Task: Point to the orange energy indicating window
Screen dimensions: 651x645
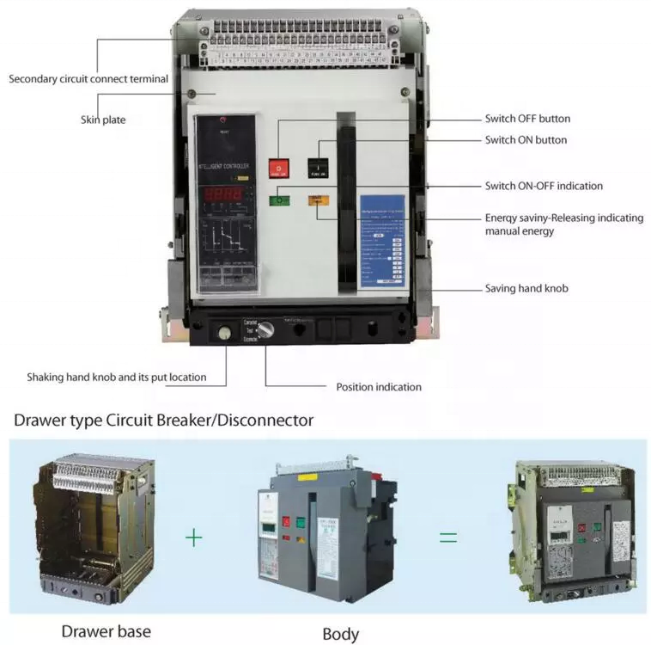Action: pyautogui.click(x=317, y=201)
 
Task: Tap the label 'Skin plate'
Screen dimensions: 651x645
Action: pyautogui.click(x=103, y=120)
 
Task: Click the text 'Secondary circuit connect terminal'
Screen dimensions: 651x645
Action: pyautogui.click(x=88, y=79)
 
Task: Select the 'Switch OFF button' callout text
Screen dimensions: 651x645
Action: pyautogui.click(x=527, y=119)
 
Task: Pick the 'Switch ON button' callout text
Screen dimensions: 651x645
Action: pyautogui.click(x=526, y=139)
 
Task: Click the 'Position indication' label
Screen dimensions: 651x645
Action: pyautogui.click(x=379, y=387)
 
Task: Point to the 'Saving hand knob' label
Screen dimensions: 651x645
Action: pyautogui.click(x=526, y=288)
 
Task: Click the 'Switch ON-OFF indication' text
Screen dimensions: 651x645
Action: pyautogui.click(x=544, y=186)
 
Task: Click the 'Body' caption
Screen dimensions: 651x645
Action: pyautogui.click(x=340, y=634)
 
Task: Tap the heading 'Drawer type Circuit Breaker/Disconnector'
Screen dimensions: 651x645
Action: pyautogui.click(x=164, y=421)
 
